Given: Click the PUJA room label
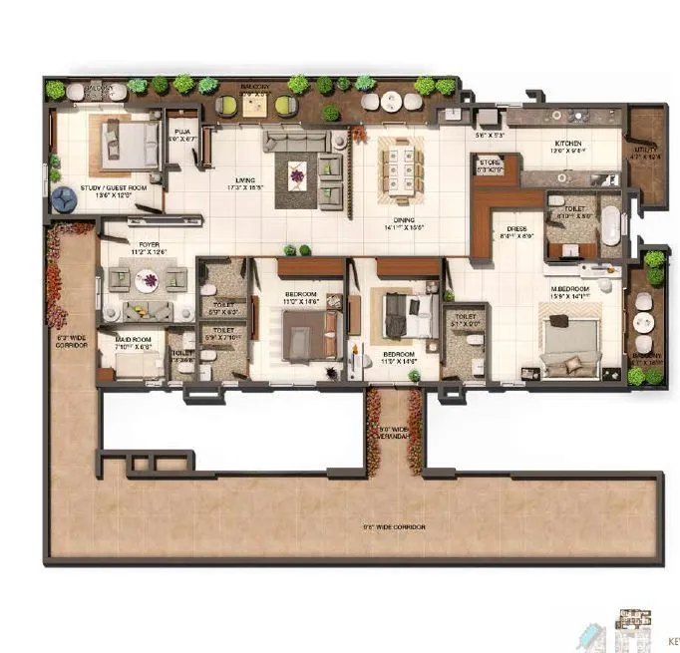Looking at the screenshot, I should [182, 131].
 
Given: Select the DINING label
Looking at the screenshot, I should [403, 221].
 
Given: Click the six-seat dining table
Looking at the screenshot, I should [400, 163].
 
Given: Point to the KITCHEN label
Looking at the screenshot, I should [568, 144].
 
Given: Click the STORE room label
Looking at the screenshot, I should [490, 163].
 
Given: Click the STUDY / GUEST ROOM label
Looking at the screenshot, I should [93, 189].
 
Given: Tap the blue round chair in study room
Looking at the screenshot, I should [65, 198].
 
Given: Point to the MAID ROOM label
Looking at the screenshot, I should [132, 340].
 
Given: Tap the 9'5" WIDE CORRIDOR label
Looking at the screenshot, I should [395, 525].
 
